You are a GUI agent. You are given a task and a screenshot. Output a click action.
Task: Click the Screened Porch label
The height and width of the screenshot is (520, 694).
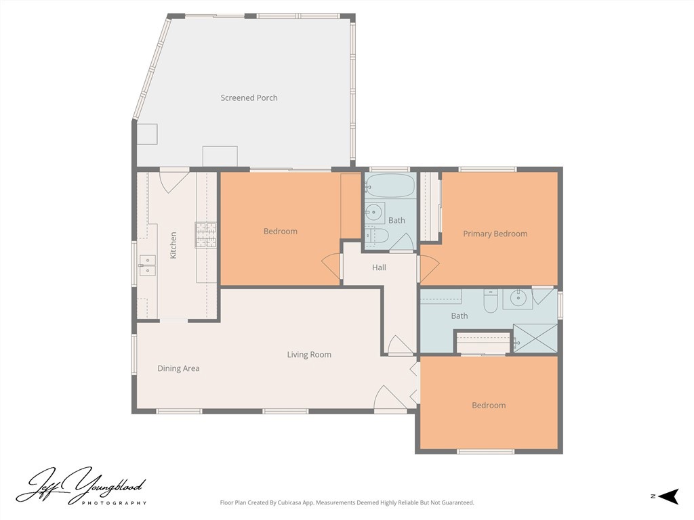pos(249,97)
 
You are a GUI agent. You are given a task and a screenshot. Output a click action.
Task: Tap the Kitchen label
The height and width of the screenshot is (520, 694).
pos(173,245)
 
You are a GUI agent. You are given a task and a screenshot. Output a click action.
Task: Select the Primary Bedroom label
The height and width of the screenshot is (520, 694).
pos(495,234)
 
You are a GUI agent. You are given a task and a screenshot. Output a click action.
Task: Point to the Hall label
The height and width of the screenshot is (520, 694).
pos(379,267)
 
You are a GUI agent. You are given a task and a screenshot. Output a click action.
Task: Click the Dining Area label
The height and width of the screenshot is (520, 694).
pos(178,368)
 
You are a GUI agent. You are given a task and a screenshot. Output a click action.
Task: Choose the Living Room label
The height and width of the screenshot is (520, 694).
pos(309,355)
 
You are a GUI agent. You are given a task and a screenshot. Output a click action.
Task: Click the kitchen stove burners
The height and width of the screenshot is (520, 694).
pos(206,235)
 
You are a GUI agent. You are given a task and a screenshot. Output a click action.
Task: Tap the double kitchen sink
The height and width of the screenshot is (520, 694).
pos(147,265)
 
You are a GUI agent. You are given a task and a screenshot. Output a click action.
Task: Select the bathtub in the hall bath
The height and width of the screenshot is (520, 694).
pos(390,186)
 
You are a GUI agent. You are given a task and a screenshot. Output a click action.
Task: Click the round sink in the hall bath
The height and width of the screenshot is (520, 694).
pos(374,213)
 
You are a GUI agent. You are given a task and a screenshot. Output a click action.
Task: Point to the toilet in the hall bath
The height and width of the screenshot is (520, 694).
pos(376,236)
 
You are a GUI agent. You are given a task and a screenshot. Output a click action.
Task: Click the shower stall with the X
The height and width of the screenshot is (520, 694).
pos(535,339)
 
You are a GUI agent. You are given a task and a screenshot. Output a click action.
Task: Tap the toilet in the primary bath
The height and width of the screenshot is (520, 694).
pos(491,301)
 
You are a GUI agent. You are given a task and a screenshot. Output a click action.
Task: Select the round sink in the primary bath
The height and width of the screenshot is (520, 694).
pos(518,299)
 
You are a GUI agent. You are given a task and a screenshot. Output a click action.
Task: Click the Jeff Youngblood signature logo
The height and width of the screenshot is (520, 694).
pos(80,485)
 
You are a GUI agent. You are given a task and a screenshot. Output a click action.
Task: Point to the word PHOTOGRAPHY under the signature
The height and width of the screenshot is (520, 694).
pos(114,503)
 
